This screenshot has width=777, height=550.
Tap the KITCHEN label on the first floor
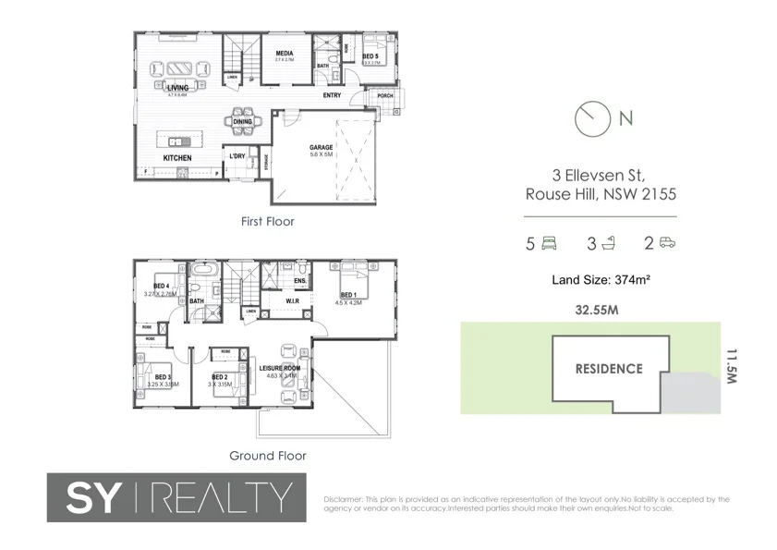coord(177,158)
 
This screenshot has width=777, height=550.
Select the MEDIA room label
coord(285,54)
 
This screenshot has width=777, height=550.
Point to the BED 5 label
coord(370,56)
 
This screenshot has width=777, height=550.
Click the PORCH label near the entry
coord(384,95)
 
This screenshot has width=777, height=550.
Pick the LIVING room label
coord(177,88)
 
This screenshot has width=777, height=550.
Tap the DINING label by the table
coord(243,121)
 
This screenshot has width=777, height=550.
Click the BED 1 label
coord(348,295)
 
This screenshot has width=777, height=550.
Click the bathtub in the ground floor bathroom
coord(204,275)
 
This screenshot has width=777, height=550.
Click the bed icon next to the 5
coord(548,244)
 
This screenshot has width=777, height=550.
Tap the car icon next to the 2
coord(667,244)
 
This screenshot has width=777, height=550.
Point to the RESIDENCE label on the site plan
coord(609,369)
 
